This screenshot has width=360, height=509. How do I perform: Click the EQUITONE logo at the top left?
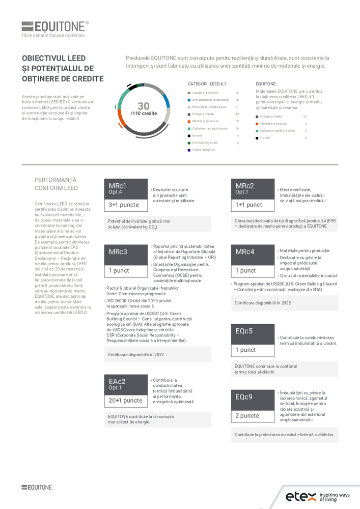click(x=55, y=26)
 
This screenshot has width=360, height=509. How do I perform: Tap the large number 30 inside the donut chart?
click(x=144, y=106)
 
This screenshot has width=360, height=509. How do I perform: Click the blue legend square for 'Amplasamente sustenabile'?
click(x=189, y=100)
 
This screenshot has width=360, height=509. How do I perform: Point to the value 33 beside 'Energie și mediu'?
click(x=237, y=114)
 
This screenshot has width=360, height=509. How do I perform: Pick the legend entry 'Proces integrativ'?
click(x=204, y=150)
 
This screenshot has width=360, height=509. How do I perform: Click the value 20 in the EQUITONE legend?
click(x=305, y=117)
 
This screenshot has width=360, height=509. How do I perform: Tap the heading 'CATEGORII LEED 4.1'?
click(x=207, y=83)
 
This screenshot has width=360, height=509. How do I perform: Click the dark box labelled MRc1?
click(x=126, y=188)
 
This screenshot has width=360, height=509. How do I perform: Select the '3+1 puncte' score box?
click(x=126, y=205)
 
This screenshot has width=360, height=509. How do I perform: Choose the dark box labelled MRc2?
click(x=253, y=188)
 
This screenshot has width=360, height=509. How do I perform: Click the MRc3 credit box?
click(x=126, y=251)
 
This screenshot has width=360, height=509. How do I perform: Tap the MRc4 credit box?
click(x=253, y=251)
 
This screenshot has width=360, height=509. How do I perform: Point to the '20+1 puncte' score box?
click(x=126, y=400)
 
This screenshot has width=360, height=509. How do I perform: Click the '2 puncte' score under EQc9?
click(x=253, y=415)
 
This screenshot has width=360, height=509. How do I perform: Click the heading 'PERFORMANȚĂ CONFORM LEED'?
click(x=56, y=184)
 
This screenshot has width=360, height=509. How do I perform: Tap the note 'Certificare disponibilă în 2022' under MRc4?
click(x=263, y=303)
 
